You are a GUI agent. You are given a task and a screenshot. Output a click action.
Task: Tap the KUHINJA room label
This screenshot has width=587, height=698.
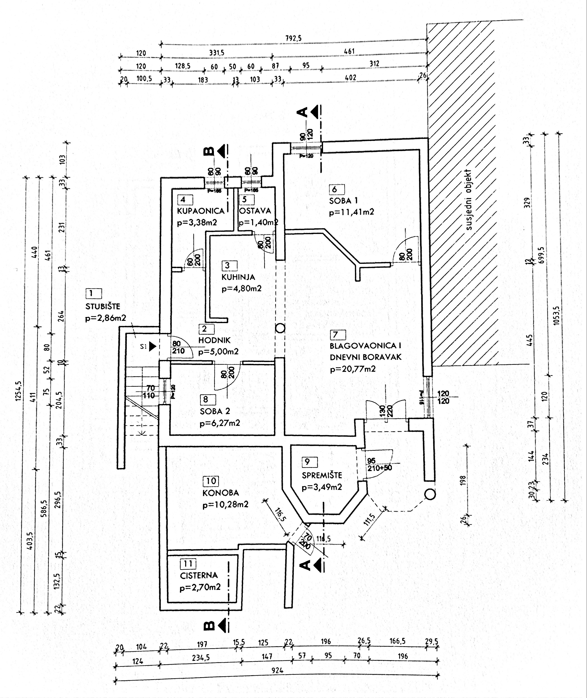coord(238,277)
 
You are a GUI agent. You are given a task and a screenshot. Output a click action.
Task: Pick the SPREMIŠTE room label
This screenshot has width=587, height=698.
coord(322,475)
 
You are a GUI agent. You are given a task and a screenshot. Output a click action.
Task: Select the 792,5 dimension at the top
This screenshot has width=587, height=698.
coord(293,38)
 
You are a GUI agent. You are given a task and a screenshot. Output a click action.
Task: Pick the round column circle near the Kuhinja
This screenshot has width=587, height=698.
coord(280,328)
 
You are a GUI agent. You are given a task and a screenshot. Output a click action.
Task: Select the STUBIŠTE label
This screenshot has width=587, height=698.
coord(103,306)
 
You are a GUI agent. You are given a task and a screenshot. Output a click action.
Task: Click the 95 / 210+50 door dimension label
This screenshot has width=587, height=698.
coord(379,464)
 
